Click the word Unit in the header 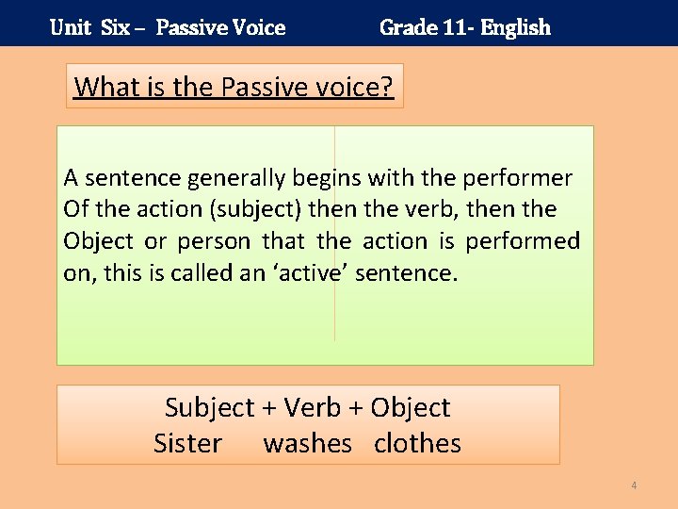tap(71, 27)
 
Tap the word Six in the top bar tap(115, 27)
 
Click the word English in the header tap(515, 27)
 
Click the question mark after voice tap(386, 87)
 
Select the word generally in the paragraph tap(236, 178)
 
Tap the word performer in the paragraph tap(522, 177)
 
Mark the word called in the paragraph tap(204, 272)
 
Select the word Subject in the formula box tap(209, 408)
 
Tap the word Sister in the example tap(187, 443)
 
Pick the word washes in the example tap(307, 443)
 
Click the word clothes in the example tap(417, 443)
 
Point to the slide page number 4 tap(634, 485)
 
